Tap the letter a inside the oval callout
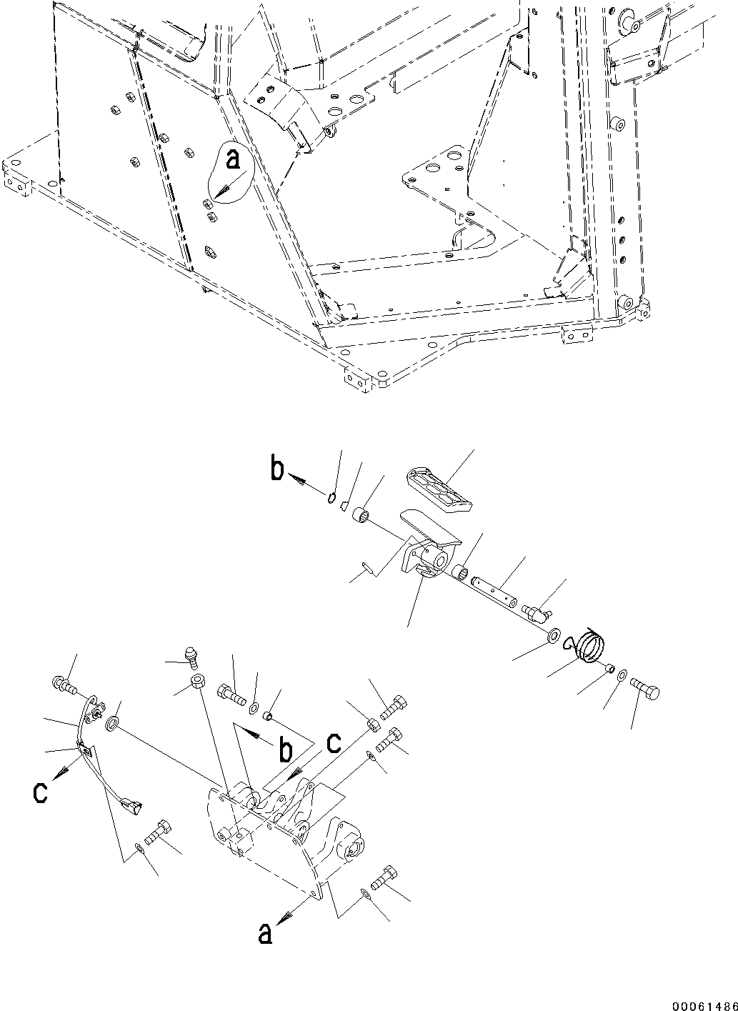233,161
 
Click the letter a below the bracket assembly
264,933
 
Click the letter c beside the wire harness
42,792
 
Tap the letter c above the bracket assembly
334,744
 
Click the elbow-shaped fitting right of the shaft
537,612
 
